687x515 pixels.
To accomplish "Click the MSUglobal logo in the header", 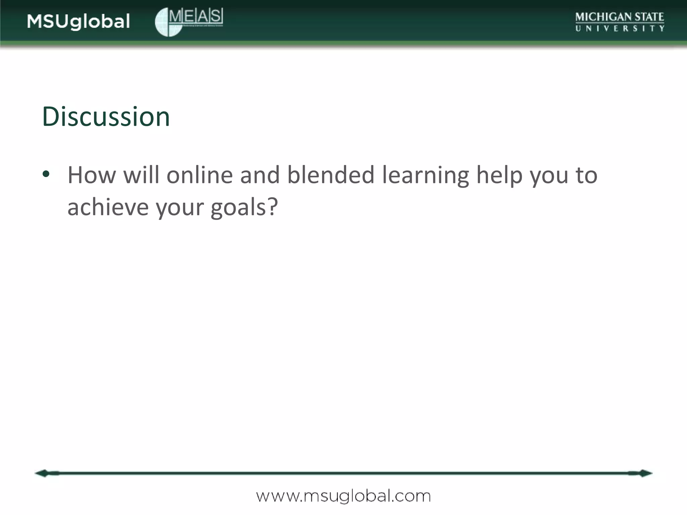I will pos(78,22).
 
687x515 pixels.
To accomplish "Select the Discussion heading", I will pos(106,116).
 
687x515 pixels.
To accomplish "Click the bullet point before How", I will pos(46,174).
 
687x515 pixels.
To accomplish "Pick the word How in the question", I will pos(92,175).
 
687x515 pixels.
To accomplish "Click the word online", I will pos(200,175).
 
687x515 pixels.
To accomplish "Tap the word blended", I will pos(331,175).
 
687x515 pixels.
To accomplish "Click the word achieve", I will pos(108,207).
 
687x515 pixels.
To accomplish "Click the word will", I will pos(141,175).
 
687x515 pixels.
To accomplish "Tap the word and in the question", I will pos(260,175).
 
